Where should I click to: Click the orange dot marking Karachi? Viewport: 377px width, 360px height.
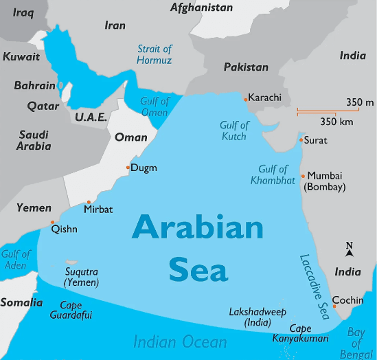[x=245, y=99]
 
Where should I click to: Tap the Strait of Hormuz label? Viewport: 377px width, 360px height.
[x=155, y=54]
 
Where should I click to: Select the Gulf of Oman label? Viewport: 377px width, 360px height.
[x=154, y=106]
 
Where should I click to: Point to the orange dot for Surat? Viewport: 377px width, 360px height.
[x=301, y=140]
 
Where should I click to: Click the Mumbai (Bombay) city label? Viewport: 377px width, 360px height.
[x=325, y=181]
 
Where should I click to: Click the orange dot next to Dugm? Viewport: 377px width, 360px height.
[x=128, y=168]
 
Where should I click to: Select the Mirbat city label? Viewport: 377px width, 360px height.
[x=98, y=209]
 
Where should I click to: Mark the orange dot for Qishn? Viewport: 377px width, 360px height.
[x=53, y=222]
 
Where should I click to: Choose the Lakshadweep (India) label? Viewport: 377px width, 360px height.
[x=258, y=316]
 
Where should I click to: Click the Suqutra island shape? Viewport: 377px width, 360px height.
[x=71, y=262]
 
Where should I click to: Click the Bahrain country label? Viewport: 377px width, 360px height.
[x=34, y=86]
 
